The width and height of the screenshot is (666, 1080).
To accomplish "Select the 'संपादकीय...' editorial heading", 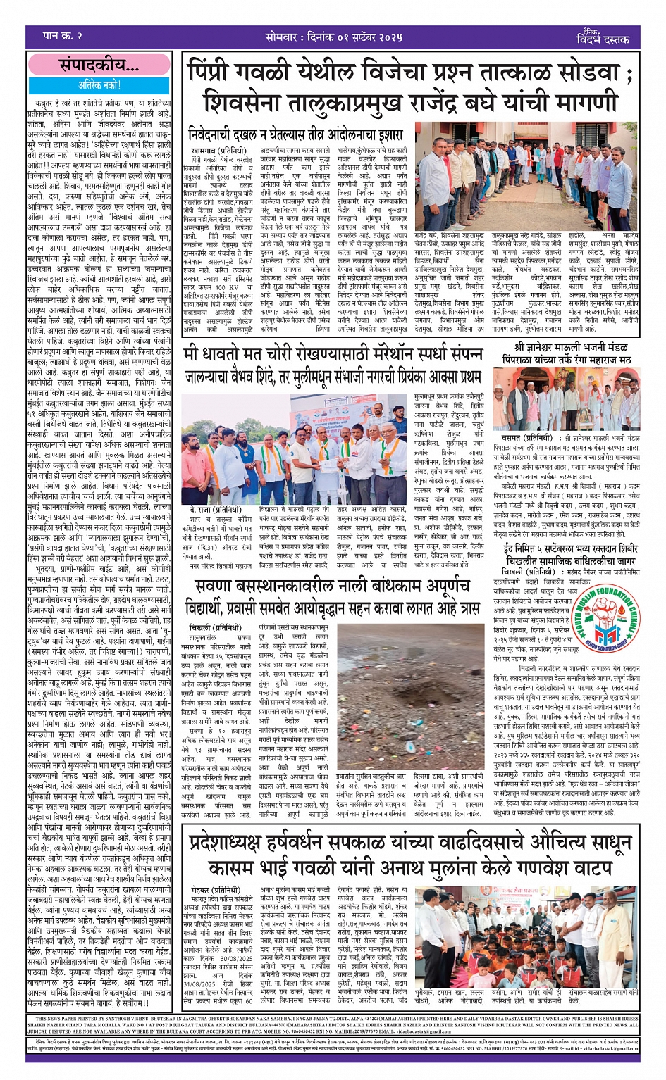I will point(99,66).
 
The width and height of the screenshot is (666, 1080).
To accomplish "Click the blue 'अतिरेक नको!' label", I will point(99,84).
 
